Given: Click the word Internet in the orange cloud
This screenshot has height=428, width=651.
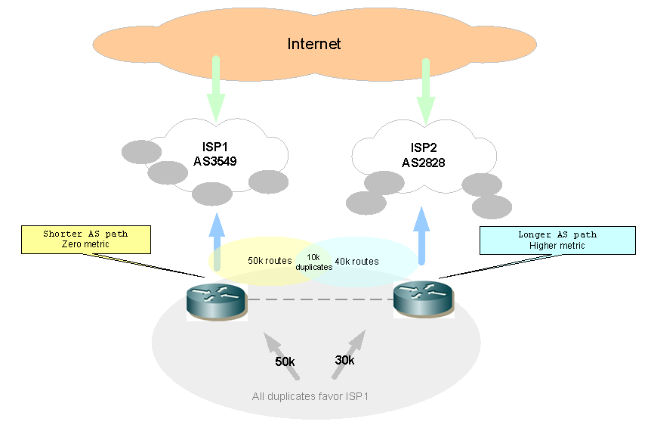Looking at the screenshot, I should tap(314, 44).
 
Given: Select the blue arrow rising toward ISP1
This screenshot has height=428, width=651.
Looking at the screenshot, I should tap(217, 238).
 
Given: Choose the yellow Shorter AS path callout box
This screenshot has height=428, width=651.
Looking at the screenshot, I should tap(85, 239).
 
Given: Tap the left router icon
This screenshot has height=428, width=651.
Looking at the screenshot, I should tap(217, 300).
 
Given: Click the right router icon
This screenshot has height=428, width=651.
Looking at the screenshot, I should tap(424, 298).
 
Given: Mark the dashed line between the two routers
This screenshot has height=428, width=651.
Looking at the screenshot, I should tap(320, 300).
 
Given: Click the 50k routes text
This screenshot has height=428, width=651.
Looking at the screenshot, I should tap(270, 261).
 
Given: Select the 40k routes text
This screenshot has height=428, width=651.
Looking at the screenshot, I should tap(356, 262).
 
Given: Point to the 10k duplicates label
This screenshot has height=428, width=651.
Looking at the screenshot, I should tap(313, 262).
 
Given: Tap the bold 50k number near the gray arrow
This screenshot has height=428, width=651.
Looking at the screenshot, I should tap(285, 362).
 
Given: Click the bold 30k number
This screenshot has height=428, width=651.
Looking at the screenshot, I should tap(344, 361).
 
